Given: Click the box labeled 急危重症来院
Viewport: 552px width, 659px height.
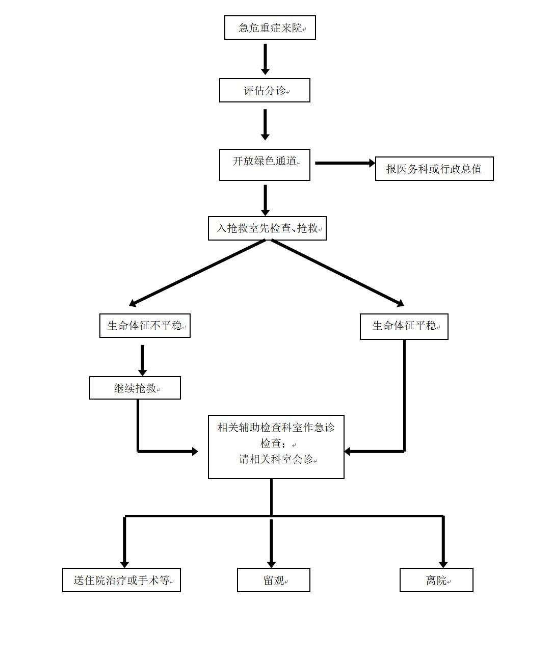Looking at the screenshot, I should click(x=270, y=28).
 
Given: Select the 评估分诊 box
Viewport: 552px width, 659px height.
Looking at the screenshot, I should click(x=265, y=90).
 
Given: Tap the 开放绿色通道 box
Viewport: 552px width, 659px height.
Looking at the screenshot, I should click(x=265, y=164).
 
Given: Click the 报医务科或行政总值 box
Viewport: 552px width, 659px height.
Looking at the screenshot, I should click(x=434, y=169).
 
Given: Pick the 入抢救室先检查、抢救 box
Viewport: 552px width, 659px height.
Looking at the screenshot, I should click(x=267, y=228).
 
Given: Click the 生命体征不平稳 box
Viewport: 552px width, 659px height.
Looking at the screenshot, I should click(x=145, y=326).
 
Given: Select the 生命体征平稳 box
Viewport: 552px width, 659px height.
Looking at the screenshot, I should click(x=404, y=326).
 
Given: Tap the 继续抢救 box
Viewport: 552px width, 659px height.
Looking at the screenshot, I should click(x=135, y=388).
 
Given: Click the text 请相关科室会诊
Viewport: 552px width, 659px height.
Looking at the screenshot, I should click(x=276, y=459).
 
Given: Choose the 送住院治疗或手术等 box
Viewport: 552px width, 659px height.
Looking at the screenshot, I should click(x=121, y=580).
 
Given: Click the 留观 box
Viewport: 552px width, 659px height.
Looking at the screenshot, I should click(x=273, y=580).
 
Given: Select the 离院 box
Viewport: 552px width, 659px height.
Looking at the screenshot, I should click(x=436, y=580).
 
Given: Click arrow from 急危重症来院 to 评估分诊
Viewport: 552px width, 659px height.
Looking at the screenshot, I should click(x=265, y=58).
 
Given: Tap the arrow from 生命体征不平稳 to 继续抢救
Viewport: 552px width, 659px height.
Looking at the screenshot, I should click(x=142, y=360).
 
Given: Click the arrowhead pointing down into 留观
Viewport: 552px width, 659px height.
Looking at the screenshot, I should click(x=271, y=563).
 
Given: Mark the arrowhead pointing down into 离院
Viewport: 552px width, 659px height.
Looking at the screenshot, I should click(x=443, y=563).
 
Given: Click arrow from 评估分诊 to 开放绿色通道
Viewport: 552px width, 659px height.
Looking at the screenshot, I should click(x=265, y=124).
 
